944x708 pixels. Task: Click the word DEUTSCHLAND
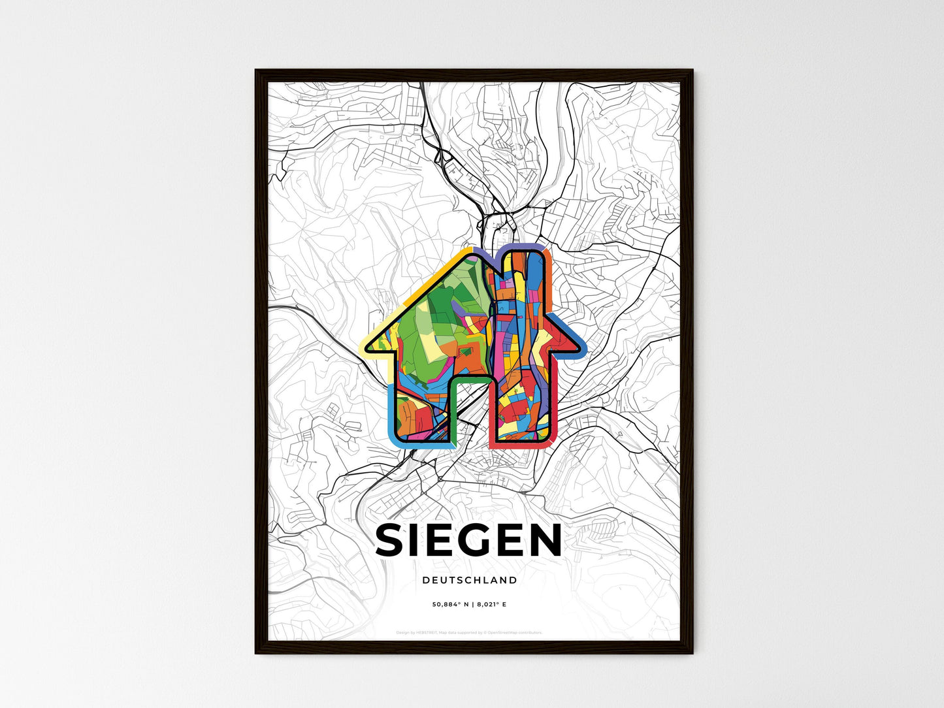tap(469, 580)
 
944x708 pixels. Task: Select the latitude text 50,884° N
tap(450, 605)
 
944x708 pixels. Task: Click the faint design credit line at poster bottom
tap(469, 632)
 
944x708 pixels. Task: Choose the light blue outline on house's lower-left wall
tap(391, 418)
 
